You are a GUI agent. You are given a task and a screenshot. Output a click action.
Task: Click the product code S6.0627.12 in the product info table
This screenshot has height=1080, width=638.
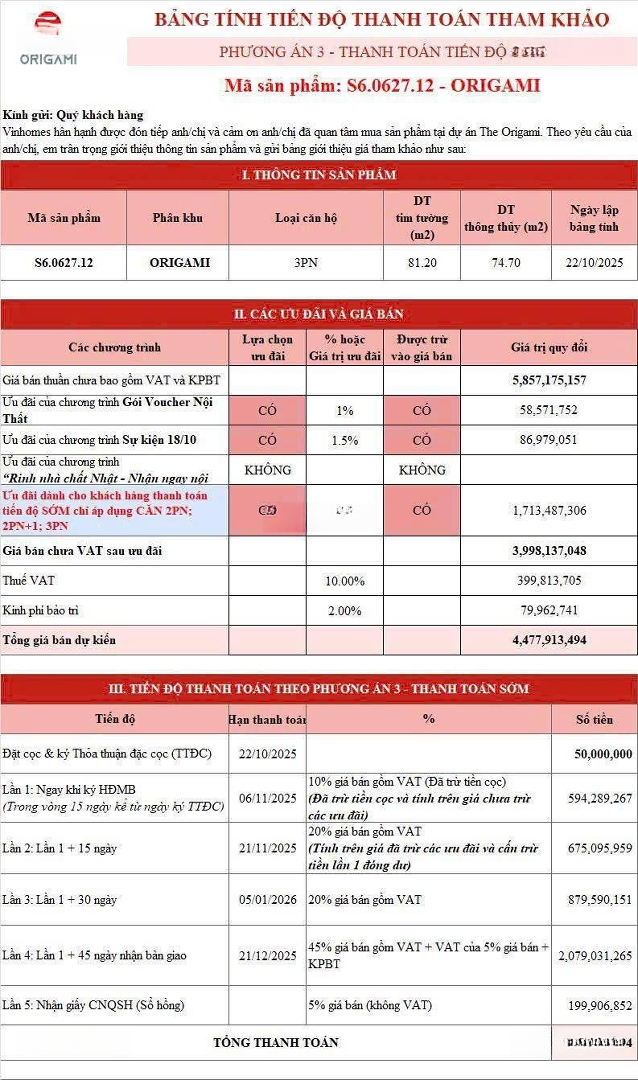(x=63, y=263)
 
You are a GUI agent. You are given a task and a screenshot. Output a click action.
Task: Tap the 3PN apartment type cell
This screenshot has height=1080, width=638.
(x=306, y=263)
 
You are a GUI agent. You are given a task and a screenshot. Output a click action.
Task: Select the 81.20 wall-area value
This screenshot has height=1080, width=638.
(x=422, y=263)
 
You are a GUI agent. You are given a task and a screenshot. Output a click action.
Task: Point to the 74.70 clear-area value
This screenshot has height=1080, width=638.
(x=506, y=263)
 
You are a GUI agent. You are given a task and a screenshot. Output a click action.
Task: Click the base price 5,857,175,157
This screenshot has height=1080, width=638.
(x=549, y=380)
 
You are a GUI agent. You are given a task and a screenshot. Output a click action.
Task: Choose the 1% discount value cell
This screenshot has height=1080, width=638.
(x=345, y=411)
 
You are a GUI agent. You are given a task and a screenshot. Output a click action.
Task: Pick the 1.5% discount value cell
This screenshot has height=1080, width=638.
(x=345, y=440)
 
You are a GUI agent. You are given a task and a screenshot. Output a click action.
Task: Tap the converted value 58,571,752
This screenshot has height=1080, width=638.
(x=549, y=411)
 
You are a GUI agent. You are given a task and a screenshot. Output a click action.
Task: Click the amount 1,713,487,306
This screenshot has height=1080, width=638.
(x=549, y=510)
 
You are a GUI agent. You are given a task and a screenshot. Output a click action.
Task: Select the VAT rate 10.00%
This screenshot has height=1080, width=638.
(x=345, y=580)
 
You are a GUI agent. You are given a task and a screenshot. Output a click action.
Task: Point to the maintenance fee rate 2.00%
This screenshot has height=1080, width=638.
(x=345, y=610)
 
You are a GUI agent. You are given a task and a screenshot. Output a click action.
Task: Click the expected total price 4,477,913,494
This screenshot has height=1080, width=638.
(x=549, y=640)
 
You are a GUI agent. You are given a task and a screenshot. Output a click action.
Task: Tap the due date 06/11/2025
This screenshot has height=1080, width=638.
(x=268, y=797)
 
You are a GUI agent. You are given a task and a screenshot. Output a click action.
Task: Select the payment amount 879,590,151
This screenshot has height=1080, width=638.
(x=592, y=899)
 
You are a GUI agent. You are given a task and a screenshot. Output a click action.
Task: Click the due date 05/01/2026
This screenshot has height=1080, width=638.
(x=268, y=899)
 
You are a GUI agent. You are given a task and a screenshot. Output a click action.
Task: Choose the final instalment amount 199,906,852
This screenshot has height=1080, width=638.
(x=592, y=1004)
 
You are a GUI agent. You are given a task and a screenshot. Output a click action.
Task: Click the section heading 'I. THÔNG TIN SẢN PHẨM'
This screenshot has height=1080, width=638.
(x=319, y=175)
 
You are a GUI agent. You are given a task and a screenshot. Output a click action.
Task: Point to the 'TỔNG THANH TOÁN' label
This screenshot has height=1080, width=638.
(x=276, y=1042)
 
